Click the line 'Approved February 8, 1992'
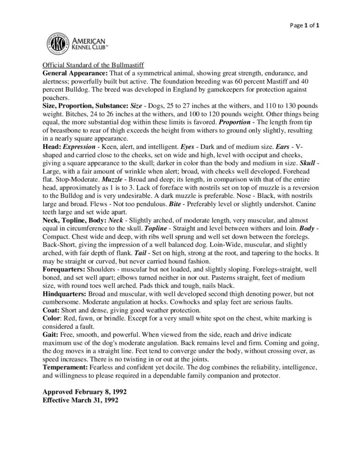click(85, 393)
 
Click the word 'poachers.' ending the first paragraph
click(55, 98)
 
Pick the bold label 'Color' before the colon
click(51, 317)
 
